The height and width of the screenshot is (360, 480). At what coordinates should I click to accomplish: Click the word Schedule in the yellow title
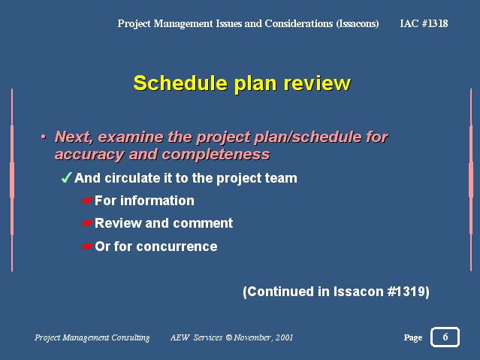[180, 83]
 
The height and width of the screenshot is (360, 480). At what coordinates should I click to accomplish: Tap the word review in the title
[317, 83]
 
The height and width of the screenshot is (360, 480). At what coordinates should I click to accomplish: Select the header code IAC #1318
[424, 23]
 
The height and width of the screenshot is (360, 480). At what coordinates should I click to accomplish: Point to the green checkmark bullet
[66, 177]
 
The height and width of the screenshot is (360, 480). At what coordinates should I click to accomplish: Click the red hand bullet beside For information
[87, 201]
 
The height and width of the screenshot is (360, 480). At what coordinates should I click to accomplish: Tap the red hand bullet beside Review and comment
[87, 223]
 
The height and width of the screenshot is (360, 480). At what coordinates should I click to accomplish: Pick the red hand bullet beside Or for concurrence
[87, 247]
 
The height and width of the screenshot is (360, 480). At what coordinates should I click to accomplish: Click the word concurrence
[177, 247]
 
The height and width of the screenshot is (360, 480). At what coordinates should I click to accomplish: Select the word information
[157, 201]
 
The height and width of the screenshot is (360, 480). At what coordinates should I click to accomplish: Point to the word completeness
[216, 154]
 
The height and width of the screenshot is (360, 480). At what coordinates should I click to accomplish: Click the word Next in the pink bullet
[74, 137]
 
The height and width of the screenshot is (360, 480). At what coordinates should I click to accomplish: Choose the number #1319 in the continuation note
[406, 292]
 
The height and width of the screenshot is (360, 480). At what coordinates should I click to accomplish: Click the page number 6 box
[445, 337]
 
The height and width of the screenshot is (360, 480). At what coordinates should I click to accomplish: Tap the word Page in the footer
[413, 337]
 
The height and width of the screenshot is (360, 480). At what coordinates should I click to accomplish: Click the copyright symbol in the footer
[228, 337]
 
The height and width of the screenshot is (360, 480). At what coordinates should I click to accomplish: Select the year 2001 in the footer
[284, 337]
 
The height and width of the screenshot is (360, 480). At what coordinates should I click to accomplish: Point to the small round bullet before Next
[44, 137]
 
